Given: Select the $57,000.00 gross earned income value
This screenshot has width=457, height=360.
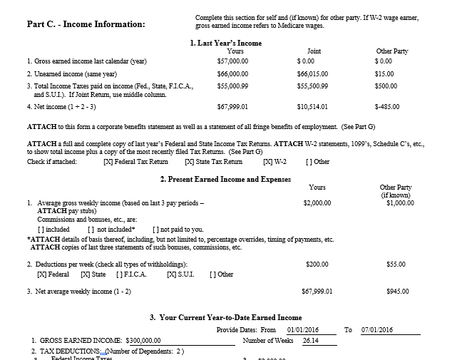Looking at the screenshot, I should coord(232,62).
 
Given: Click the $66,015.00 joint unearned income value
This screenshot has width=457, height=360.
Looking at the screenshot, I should coord(312,73).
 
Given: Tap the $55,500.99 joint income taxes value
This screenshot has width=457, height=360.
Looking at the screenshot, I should coord(312,86).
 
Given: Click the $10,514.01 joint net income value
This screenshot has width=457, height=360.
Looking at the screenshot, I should coord(312,106).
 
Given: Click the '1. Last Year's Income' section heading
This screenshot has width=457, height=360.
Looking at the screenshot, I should coord(226,43).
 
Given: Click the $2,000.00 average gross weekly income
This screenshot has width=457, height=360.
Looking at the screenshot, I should coord(317,202).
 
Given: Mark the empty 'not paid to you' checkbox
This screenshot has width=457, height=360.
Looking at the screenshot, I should coord(155,230).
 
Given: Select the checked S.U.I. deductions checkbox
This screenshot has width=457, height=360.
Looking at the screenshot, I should coord(170,274).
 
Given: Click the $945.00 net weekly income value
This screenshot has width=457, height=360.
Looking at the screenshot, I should coord(396,291).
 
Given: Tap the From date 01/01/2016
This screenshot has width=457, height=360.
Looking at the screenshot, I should coord(302,330).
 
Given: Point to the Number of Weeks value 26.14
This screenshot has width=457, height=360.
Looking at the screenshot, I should coord(311,341).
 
